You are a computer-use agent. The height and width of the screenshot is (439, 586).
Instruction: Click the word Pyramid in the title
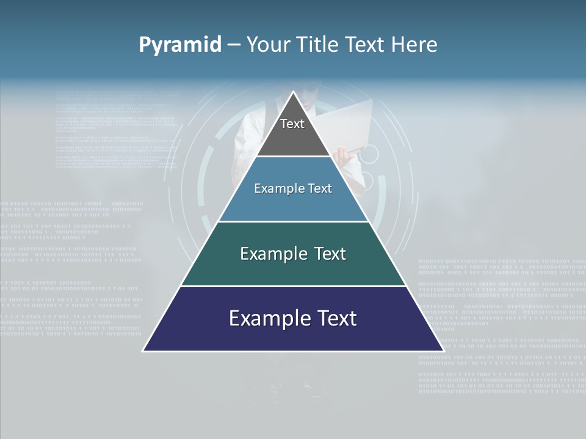180,45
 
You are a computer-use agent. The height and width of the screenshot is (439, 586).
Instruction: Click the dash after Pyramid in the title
234,46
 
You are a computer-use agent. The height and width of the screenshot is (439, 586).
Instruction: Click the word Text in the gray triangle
292,124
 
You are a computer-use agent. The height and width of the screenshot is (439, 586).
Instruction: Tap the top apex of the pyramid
293,92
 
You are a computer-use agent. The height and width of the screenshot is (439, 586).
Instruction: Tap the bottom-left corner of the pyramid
143,351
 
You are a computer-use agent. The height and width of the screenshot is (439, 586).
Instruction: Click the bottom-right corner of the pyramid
443,351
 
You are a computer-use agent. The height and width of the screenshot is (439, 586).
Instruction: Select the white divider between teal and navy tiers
293,286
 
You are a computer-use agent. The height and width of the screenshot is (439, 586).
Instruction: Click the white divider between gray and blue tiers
293,157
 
